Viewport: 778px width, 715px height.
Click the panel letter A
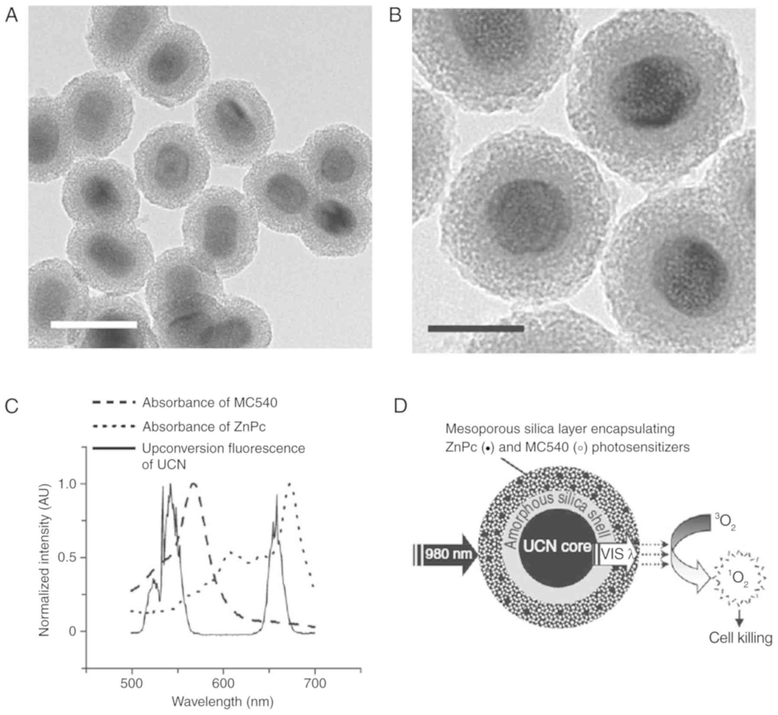click(11, 16)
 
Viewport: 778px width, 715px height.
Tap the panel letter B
click(395, 16)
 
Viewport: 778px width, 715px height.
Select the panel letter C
click(12, 406)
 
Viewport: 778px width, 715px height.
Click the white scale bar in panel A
click(94, 324)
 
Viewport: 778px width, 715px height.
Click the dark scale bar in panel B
click(475, 329)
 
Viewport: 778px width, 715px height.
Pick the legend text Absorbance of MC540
click(210, 403)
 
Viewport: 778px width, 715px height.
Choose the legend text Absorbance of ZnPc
click(204, 427)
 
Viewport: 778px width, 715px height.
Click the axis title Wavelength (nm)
click(223, 701)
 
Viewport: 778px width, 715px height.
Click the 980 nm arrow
click(446, 555)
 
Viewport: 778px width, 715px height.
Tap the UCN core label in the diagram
click(557, 547)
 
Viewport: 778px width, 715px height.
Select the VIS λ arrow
click(616, 555)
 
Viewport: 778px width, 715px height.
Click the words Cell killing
click(740, 638)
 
